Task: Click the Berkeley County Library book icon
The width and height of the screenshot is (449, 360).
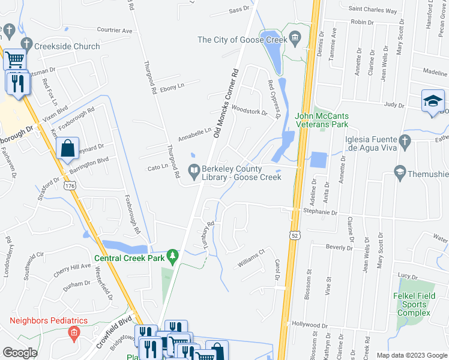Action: [194, 170]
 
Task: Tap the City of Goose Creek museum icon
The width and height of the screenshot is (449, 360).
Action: [295, 40]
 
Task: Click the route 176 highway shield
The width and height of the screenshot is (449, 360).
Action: [70, 186]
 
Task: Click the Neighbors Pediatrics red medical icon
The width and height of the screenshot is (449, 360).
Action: [74, 332]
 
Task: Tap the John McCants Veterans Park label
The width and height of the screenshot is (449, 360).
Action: [322, 120]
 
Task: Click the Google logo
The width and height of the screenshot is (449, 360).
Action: [20, 353]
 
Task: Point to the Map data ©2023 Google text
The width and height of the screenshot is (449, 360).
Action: [411, 355]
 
